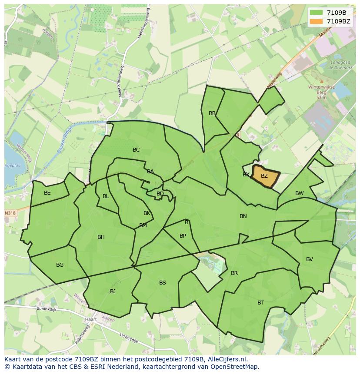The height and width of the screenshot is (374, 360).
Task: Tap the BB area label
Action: (x=212, y=113)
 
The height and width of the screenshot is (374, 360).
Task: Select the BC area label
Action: (x=136, y=150)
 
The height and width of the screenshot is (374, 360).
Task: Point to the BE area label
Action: (x=47, y=193)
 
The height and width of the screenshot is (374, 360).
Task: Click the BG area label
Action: (x=60, y=265)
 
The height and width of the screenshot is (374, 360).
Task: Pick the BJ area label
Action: (x=113, y=291)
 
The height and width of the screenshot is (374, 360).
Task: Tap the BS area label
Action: (x=162, y=283)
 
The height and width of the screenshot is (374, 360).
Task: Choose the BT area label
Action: (x=260, y=303)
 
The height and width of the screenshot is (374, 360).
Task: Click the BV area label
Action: (x=310, y=259)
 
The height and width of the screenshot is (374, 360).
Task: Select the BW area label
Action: (x=300, y=193)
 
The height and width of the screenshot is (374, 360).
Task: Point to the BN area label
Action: (x=243, y=216)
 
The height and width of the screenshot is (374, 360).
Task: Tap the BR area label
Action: (x=234, y=273)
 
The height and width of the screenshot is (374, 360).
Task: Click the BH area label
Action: (x=101, y=237)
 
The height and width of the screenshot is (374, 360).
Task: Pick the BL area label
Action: (x=106, y=196)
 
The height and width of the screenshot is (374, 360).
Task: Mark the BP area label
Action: (x=183, y=236)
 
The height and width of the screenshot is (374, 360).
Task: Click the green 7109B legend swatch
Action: (x=316, y=13)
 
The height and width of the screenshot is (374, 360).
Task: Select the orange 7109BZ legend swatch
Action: (x=316, y=21)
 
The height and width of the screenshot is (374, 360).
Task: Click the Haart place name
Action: (x=91, y=319)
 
